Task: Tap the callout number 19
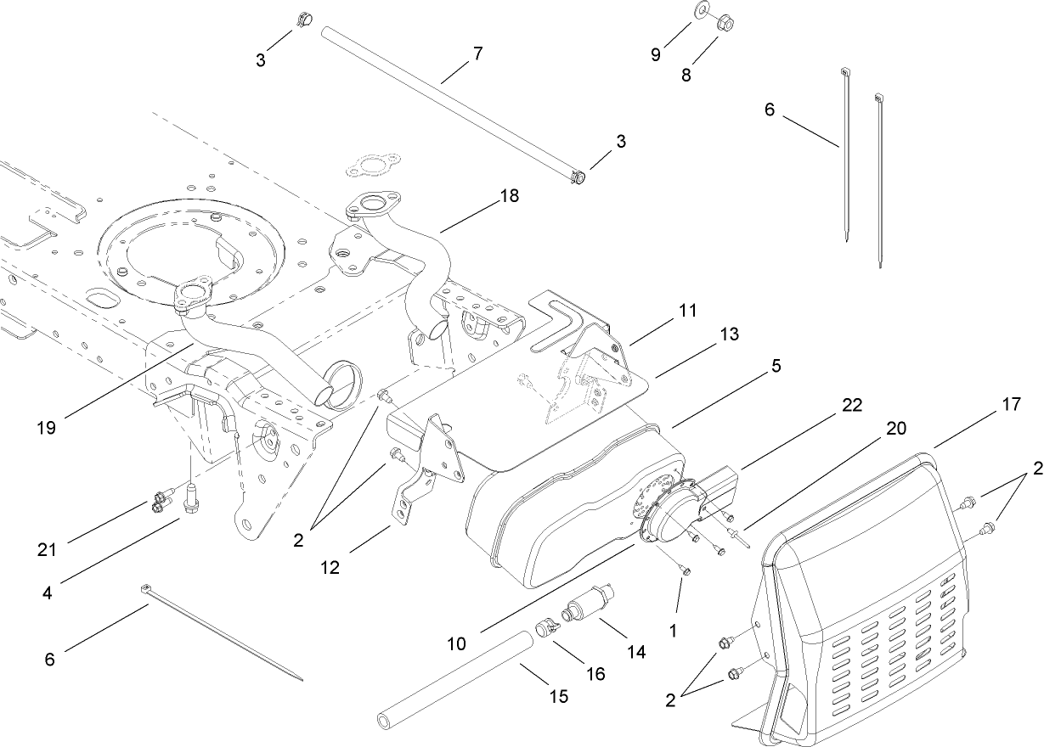click(47, 427)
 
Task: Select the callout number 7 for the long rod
click(477, 53)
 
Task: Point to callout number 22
click(852, 406)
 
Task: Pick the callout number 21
click(47, 549)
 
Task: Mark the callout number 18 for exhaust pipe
click(510, 196)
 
